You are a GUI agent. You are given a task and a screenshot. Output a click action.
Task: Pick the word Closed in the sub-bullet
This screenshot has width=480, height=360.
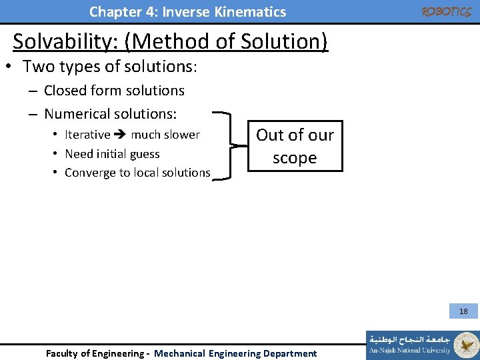65,91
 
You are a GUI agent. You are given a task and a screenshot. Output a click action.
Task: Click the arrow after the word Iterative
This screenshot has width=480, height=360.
121,135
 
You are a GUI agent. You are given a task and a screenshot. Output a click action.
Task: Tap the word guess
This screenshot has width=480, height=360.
145,154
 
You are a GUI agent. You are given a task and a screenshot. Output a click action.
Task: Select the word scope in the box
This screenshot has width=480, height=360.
295,159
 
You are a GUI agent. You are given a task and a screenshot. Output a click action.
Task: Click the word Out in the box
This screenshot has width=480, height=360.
270,135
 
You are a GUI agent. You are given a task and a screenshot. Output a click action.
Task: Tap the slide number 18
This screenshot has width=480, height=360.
463,311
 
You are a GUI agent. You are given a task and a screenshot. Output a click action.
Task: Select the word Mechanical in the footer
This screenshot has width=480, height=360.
181,353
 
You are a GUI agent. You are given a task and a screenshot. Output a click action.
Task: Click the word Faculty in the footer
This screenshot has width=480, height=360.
61,353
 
